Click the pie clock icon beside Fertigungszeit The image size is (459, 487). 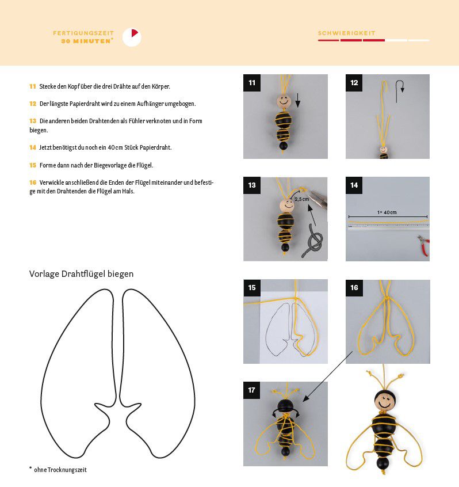click(132, 37)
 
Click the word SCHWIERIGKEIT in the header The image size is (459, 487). click(347, 33)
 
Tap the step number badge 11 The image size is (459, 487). click(252, 83)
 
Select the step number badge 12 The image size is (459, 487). click(354, 83)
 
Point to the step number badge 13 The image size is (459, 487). click(252, 185)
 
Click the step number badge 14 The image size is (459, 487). click(354, 185)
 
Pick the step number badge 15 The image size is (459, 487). click(252, 288)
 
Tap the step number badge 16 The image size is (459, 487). click(354, 288)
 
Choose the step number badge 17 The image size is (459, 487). click(252, 390)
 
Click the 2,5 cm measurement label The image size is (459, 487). click(301, 199)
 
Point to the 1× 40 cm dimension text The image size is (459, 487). click(387, 212)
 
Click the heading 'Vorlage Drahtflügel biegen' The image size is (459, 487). click(81, 274)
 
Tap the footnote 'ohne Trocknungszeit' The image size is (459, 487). click(60, 470)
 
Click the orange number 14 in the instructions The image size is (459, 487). click(33, 147)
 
